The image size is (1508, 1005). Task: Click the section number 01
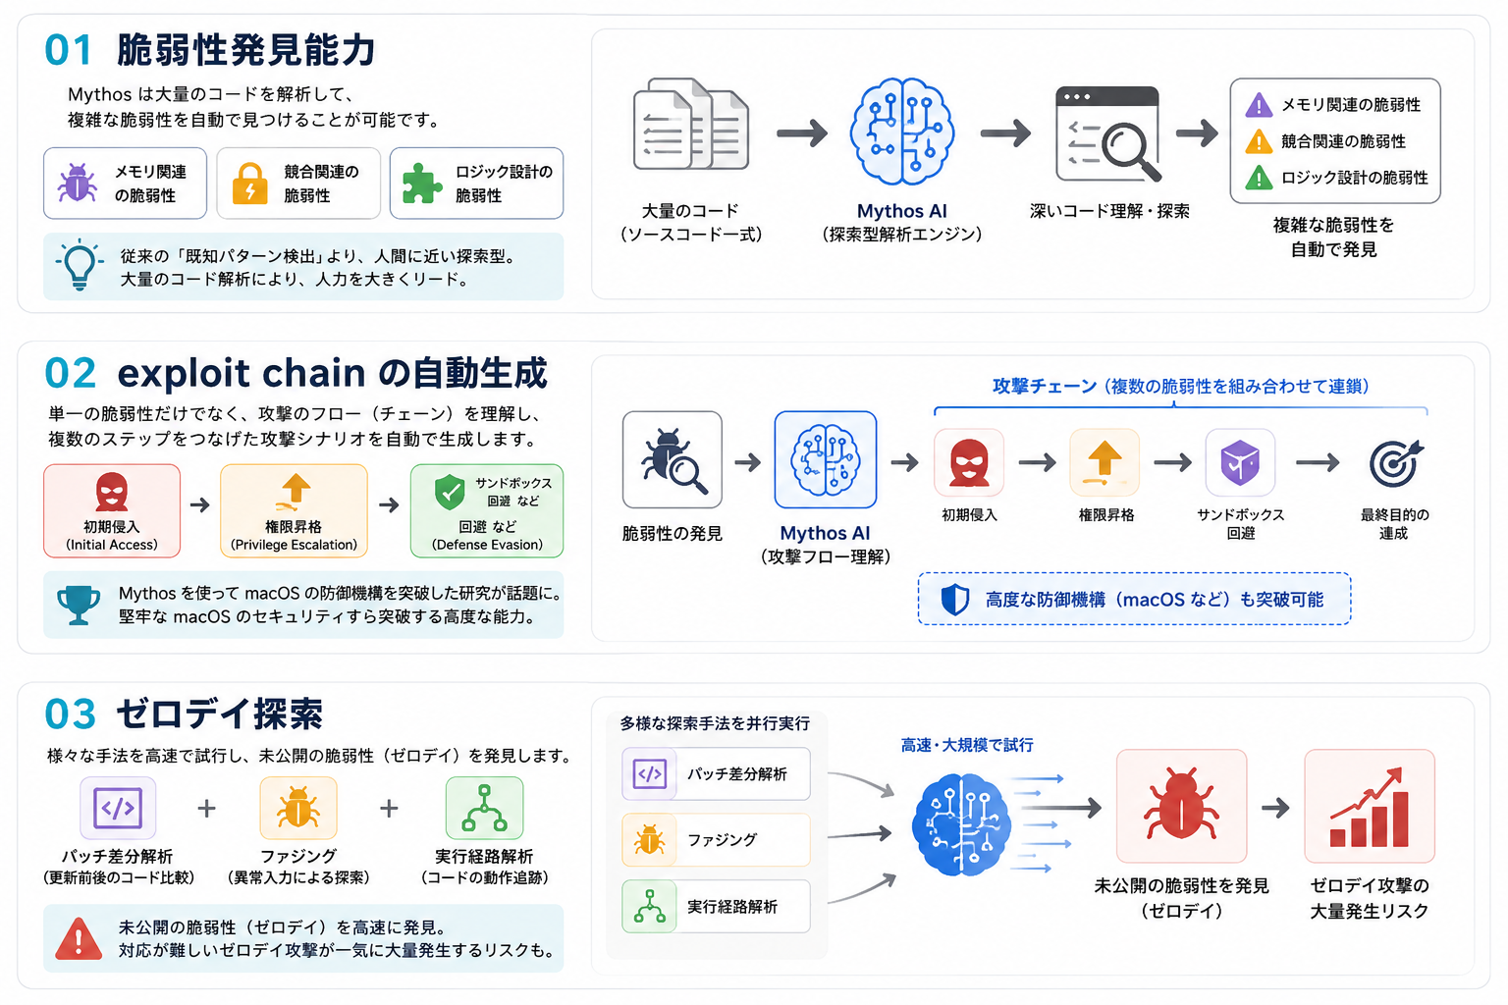tap(68, 50)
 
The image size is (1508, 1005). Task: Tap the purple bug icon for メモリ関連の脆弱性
tap(76, 182)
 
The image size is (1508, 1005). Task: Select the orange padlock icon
tap(249, 184)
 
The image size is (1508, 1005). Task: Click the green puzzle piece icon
tap(421, 184)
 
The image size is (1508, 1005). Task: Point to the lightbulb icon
tap(80, 265)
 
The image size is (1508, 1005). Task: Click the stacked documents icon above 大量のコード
tap(691, 125)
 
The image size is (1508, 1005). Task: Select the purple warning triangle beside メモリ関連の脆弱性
tap(1259, 105)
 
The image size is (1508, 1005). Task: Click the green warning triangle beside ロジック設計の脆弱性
tap(1259, 178)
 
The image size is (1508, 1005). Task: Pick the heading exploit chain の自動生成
tap(332, 374)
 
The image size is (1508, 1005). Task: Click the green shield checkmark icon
tap(450, 492)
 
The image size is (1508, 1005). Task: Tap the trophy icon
tap(79, 605)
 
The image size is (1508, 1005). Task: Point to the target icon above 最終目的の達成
tap(1394, 463)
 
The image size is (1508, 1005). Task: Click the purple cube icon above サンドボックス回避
tap(1239, 462)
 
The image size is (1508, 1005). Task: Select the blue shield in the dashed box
tap(954, 599)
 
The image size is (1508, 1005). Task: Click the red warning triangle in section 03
tap(79, 938)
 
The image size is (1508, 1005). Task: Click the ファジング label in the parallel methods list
tap(722, 840)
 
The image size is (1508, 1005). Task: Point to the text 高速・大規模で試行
tap(967, 745)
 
